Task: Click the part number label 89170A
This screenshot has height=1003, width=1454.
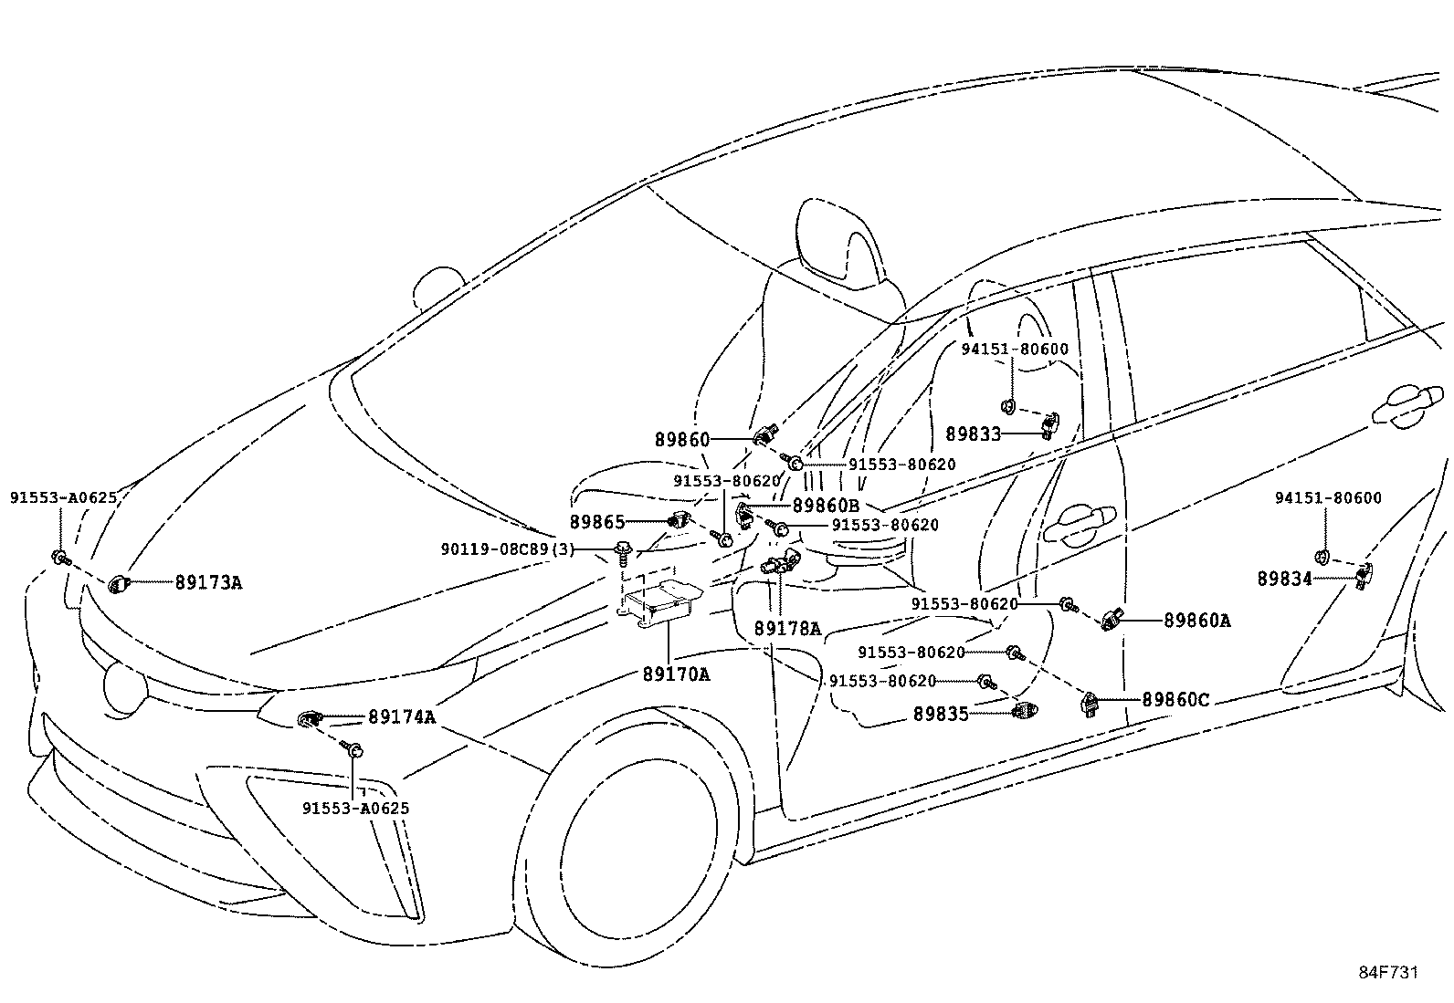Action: click(x=677, y=674)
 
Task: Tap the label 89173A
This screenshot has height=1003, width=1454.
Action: click(x=208, y=582)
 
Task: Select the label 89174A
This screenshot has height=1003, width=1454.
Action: click(x=402, y=717)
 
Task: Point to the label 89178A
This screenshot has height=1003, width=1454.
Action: click(x=787, y=629)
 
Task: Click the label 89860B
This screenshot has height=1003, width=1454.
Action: click(x=826, y=506)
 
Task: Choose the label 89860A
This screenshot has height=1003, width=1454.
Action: click(x=1197, y=621)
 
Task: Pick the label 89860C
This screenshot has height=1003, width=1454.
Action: click(x=1175, y=700)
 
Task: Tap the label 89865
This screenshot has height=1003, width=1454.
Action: click(x=597, y=522)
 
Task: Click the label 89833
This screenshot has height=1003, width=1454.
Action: click(x=973, y=434)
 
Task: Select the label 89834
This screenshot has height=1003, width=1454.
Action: click(x=1285, y=579)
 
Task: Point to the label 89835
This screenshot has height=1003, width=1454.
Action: click(x=941, y=715)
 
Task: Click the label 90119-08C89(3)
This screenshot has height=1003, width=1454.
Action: click(x=508, y=549)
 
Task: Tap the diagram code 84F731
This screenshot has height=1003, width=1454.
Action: click(x=1388, y=973)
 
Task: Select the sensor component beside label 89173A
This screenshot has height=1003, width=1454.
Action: click(x=118, y=584)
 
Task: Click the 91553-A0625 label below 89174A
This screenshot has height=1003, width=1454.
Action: click(x=355, y=809)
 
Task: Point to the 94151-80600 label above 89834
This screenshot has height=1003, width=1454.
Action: click(x=1328, y=498)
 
